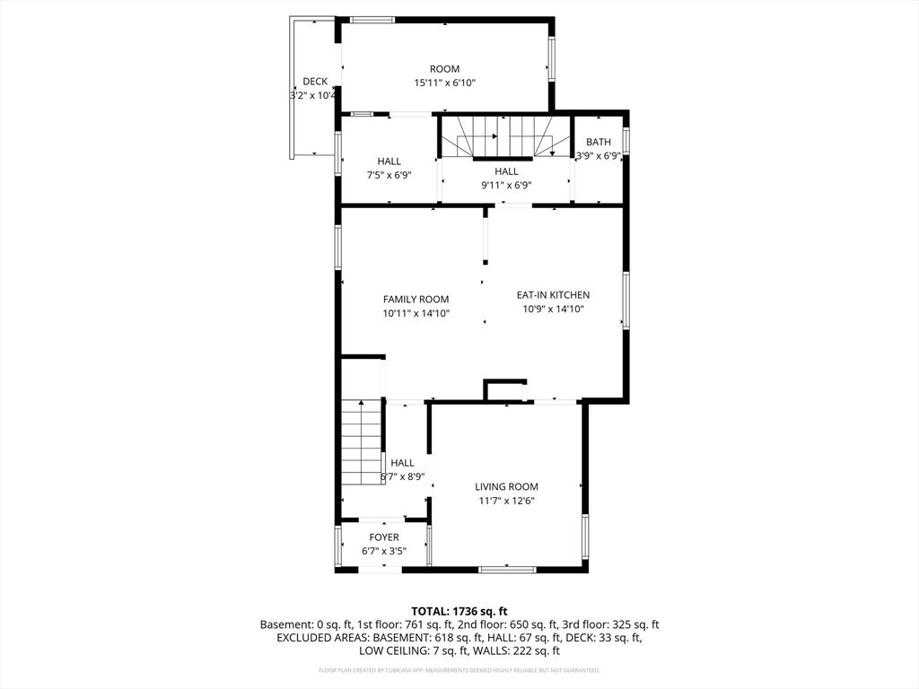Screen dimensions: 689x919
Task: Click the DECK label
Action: pyautogui.click(x=315, y=82)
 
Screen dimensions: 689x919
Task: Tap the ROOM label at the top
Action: pyautogui.click(x=444, y=69)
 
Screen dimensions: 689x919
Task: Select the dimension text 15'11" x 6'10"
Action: pyautogui.click(x=444, y=83)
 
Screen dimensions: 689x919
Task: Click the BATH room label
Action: pyautogui.click(x=599, y=142)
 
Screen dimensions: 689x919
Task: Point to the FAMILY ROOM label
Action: pyautogui.click(x=416, y=300)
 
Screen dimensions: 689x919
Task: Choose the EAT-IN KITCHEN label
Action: pyautogui.click(x=553, y=294)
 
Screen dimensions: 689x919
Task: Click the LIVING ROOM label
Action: pyautogui.click(x=506, y=486)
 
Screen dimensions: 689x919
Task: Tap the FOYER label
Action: pyautogui.click(x=384, y=537)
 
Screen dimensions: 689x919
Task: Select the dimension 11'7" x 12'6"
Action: pyautogui.click(x=506, y=501)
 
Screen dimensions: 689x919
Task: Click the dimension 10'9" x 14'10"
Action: pyautogui.click(x=553, y=309)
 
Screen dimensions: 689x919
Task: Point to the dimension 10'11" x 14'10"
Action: pyautogui.click(x=416, y=313)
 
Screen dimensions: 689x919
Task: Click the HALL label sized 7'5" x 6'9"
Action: pyautogui.click(x=389, y=161)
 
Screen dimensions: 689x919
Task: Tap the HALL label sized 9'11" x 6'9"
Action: pyautogui.click(x=506, y=171)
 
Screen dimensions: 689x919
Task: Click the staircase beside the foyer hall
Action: pyautogui.click(x=363, y=444)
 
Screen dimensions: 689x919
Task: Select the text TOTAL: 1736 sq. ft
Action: pyautogui.click(x=459, y=609)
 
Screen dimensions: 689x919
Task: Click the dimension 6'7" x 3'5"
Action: pyautogui.click(x=384, y=551)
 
